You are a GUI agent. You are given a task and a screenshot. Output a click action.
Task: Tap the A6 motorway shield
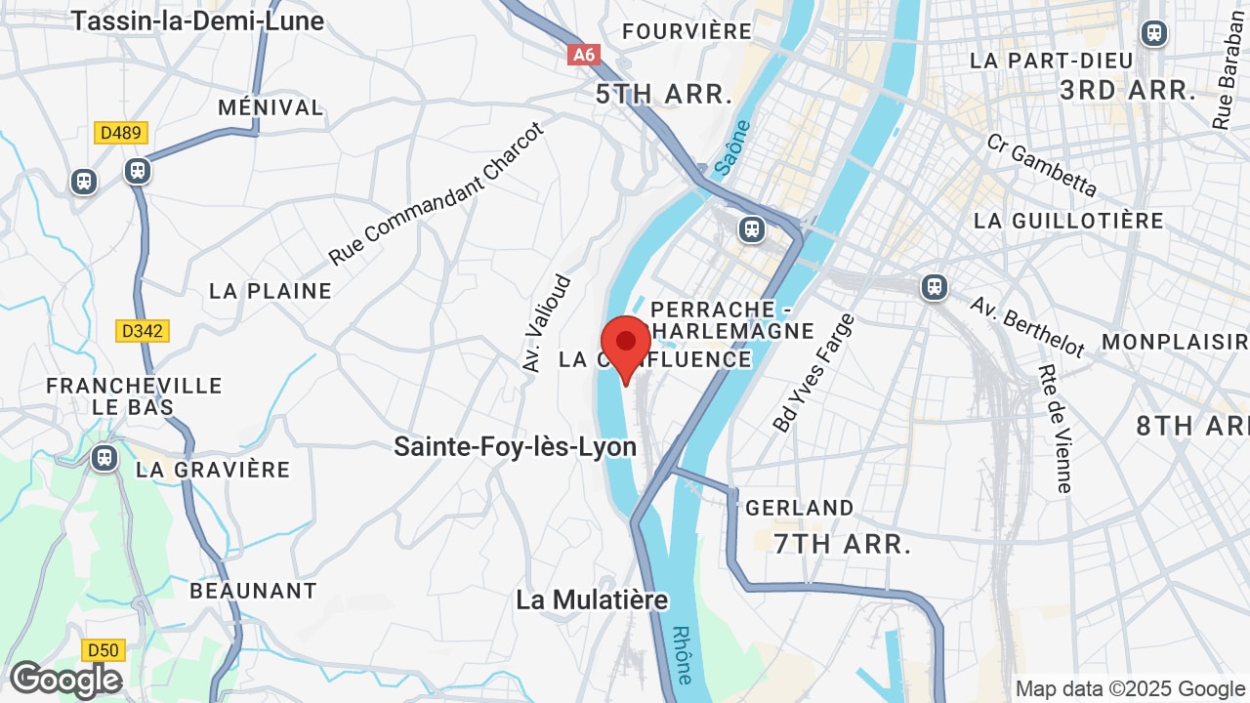coord(583,55)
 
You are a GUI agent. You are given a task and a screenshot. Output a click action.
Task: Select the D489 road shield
coord(121,133)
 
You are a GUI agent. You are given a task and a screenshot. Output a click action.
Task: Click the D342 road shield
coord(143,331)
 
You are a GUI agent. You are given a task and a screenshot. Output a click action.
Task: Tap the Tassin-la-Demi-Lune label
coord(198,20)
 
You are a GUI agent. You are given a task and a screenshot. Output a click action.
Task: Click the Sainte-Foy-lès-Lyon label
coord(515,447)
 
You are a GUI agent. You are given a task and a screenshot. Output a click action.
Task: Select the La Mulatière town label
coord(592,600)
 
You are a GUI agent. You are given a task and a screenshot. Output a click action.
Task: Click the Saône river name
coord(732,147)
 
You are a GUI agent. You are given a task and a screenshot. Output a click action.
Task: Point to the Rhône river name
coord(683,653)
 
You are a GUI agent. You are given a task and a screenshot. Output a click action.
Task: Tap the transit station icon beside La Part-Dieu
coord(1154,33)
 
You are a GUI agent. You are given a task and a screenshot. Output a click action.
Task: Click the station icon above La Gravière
coord(104,458)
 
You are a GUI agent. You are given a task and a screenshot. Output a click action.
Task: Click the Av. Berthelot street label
coord(1027,326)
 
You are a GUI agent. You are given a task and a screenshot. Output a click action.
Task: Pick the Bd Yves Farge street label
coord(812,373)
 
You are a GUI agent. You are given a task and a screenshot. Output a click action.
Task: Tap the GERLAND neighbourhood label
coord(800,508)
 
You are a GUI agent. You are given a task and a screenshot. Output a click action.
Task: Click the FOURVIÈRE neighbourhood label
coord(687,31)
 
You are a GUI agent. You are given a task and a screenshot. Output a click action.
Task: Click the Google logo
coord(65,680)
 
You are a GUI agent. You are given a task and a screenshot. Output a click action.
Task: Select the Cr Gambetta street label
coord(1041,165)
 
